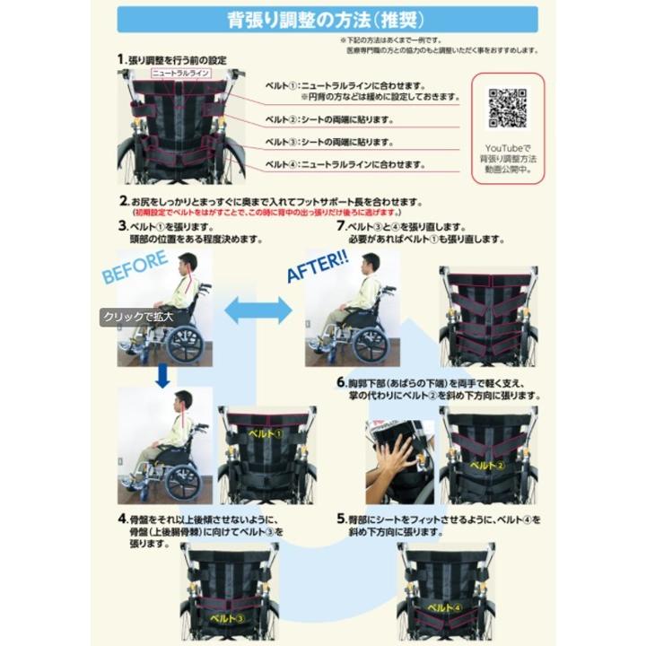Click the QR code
(507, 108)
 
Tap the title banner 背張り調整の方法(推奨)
(327, 19)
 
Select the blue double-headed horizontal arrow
(258, 310)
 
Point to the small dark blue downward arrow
(161, 376)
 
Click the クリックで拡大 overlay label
(137, 317)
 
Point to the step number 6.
(341, 382)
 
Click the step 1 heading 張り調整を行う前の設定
(176, 59)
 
